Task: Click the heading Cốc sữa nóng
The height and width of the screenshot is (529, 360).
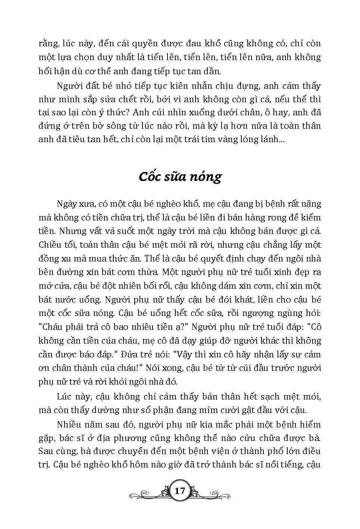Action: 180,176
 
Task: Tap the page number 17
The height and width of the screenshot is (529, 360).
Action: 180,491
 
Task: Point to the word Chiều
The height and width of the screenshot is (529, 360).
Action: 50,245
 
